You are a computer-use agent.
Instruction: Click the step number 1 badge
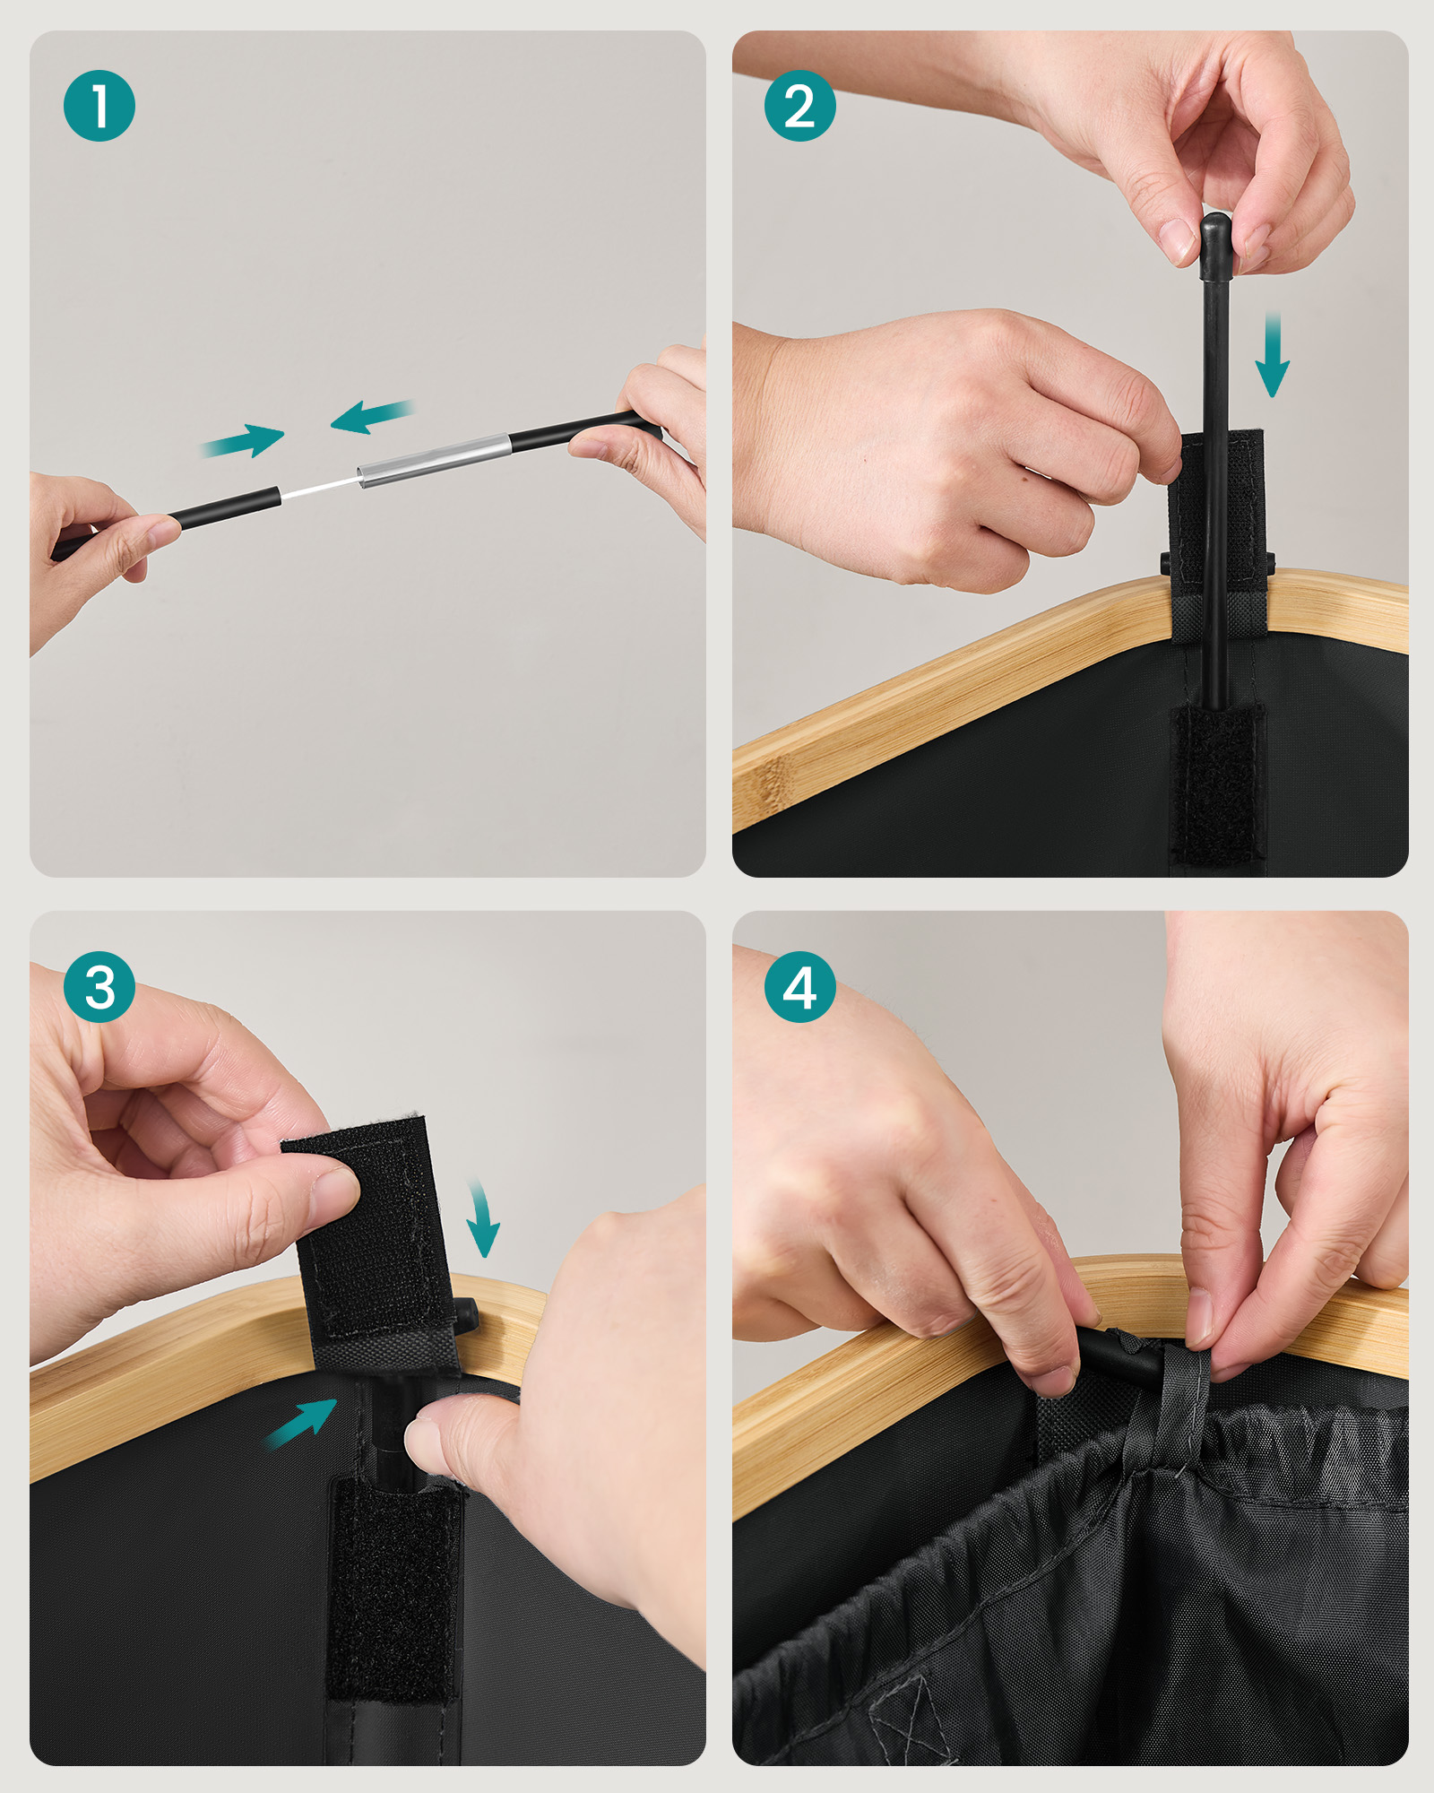coord(99,106)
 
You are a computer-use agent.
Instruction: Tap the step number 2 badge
coord(800,106)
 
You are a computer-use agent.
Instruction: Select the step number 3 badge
coord(99,987)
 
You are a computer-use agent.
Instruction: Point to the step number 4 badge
coord(800,987)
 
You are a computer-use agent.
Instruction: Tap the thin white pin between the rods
coord(320,488)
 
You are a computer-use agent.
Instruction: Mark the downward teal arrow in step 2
coord(1272,354)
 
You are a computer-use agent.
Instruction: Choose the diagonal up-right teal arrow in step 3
coord(301,1423)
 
